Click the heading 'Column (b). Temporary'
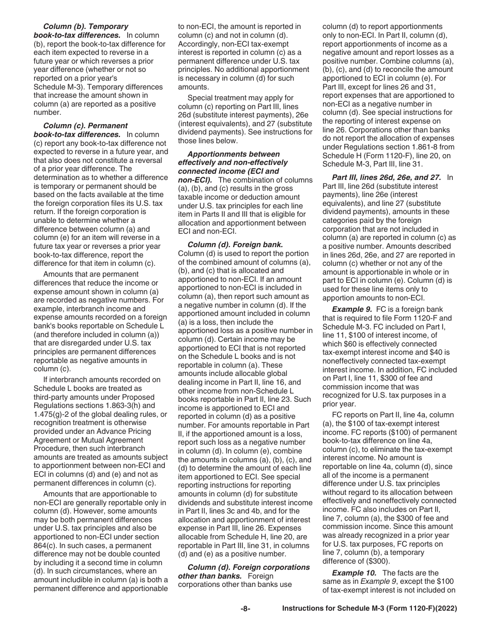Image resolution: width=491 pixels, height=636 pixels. (86, 26)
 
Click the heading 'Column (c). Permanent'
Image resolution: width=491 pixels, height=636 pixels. (85, 126)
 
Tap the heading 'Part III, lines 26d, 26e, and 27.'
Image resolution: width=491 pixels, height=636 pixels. (388, 177)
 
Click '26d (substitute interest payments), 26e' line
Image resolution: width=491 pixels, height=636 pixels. (245, 115)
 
